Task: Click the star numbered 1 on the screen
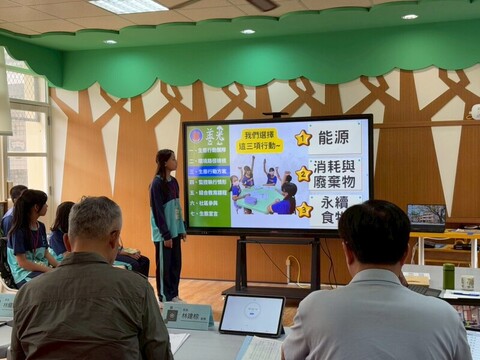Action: pyautogui.click(x=302, y=138)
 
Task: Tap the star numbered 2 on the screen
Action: pyautogui.click(x=302, y=174)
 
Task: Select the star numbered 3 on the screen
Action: pyautogui.click(x=303, y=209)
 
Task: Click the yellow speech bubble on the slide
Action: pyautogui.click(x=259, y=140)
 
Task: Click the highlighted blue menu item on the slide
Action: pyautogui.click(x=208, y=172)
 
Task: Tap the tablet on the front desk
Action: pyautogui.click(x=251, y=315)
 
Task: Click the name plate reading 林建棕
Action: pyautogui.click(x=188, y=316)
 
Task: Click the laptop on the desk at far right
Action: pyautogui.click(x=427, y=215)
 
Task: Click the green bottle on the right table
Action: pyautogui.click(x=449, y=276)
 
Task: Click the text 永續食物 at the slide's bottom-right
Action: pyautogui.click(x=340, y=209)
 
